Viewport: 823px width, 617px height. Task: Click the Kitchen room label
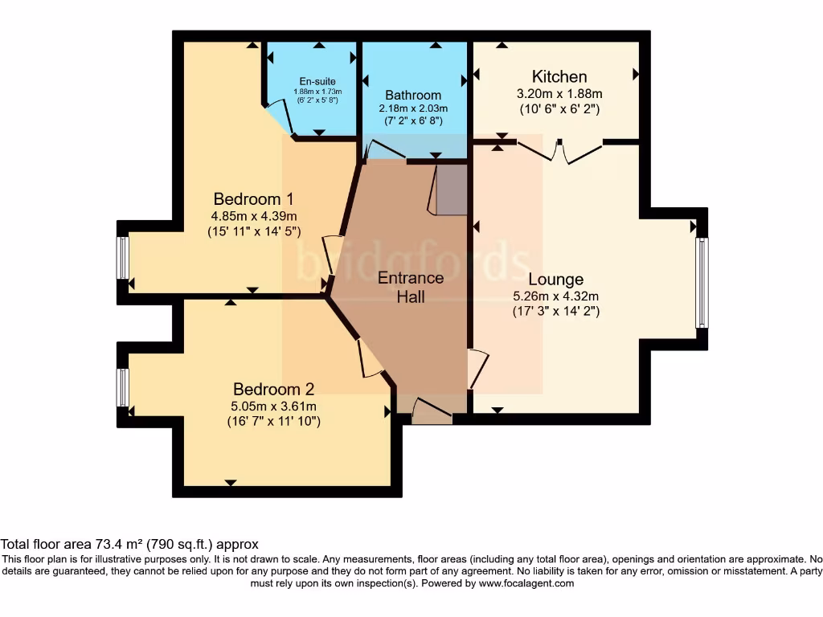560,77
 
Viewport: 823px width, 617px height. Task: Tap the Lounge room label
555,280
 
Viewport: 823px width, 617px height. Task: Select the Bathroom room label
413,95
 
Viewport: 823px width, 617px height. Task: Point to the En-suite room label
317,82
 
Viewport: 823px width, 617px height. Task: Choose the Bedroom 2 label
273,389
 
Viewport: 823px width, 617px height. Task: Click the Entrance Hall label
411,287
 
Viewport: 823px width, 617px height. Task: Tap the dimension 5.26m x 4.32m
555,296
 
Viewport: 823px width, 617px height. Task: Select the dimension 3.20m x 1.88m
559,93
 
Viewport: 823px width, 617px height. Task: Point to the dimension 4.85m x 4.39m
254,216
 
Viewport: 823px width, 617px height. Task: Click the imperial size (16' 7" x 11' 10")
273,420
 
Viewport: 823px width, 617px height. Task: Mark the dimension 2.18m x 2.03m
413,108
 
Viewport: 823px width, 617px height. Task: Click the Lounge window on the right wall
702,282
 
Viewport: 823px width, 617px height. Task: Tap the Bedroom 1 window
122,258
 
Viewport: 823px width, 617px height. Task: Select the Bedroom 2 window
122,387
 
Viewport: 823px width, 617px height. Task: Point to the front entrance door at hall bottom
432,412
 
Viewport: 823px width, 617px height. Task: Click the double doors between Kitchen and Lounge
560,150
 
